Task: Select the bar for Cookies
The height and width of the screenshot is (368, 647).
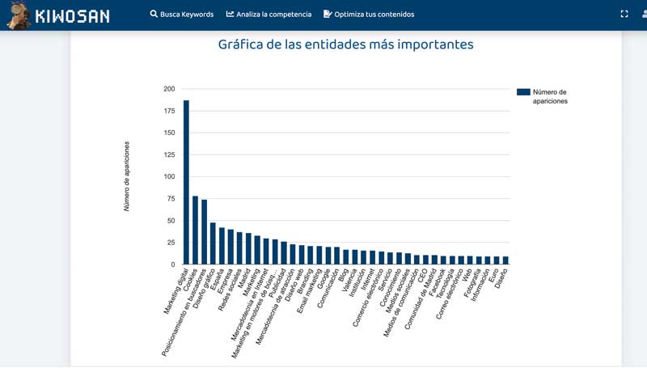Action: pyautogui.click(x=195, y=231)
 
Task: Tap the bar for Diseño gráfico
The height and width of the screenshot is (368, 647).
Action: pyautogui.click(x=213, y=243)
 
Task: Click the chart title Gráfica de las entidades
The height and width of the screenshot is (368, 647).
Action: pyautogui.click(x=345, y=44)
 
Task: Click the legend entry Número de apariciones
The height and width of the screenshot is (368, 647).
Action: pyautogui.click(x=542, y=96)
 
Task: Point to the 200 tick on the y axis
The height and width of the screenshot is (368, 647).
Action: pyautogui.click(x=168, y=89)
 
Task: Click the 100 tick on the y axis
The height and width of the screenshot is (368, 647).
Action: pyautogui.click(x=168, y=176)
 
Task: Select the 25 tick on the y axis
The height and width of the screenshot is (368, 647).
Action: pyautogui.click(x=170, y=243)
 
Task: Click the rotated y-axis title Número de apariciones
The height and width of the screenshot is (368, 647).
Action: pyautogui.click(x=127, y=176)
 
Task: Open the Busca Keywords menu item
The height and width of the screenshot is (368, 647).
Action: pyautogui.click(x=186, y=15)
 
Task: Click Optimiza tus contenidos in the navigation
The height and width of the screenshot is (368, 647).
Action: pyautogui.click(x=374, y=15)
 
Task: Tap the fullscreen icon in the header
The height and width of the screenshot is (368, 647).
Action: pyautogui.click(x=624, y=14)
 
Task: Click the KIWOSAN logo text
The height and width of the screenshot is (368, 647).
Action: pyautogui.click(x=72, y=15)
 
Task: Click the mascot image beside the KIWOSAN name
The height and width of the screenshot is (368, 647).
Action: pyautogui.click(x=18, y=15)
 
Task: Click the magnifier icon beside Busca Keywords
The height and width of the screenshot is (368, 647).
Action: pyautogui.click(x=154, y=15)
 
